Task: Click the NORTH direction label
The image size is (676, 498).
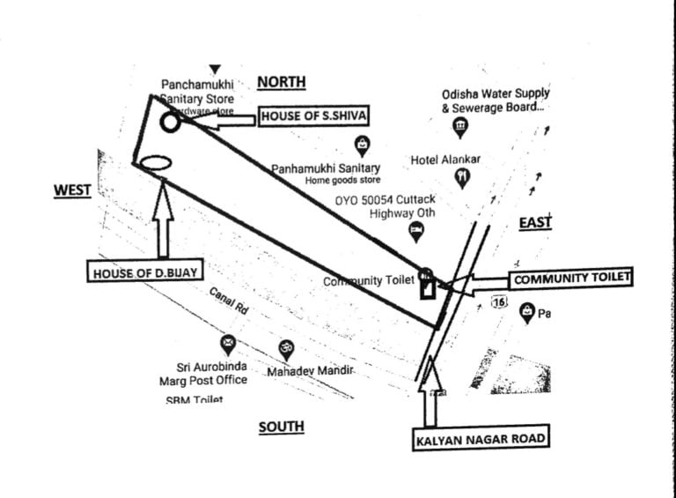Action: click(281, 82)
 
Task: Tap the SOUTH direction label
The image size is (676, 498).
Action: click(281, 427)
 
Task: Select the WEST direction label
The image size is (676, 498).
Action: click(72, 190)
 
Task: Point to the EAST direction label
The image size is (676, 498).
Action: click(534, 222)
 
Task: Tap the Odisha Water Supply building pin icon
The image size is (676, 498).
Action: click(459, 129)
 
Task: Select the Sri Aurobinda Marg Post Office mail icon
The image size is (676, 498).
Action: click(228, 342)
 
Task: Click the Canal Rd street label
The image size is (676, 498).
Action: click(227, 302)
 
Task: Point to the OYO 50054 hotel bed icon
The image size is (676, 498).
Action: click(416, 231)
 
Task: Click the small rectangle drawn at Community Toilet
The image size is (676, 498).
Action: click(427, 288)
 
